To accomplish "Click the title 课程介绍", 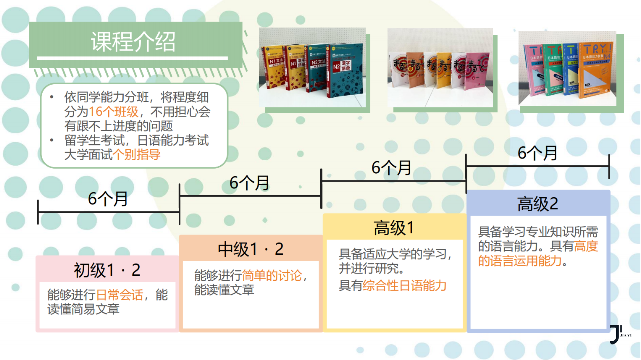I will click(x=133, y=42).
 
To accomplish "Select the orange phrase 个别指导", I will click(x=137, y=155).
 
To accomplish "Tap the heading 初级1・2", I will click(x=107, y=270).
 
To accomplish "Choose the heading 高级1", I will click(x=394, y=228).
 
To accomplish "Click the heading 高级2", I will click(x=538, y=204).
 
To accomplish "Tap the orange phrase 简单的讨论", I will click(x=272, y=276).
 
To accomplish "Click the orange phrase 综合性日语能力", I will click(x=404, y=286).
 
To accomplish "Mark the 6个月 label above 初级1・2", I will click(x=108, y=199).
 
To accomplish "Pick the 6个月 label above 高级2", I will click(x=537, y=153).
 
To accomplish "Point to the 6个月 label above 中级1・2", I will click(x=250, y=183).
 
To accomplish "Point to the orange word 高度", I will click(x=586, y=246).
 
